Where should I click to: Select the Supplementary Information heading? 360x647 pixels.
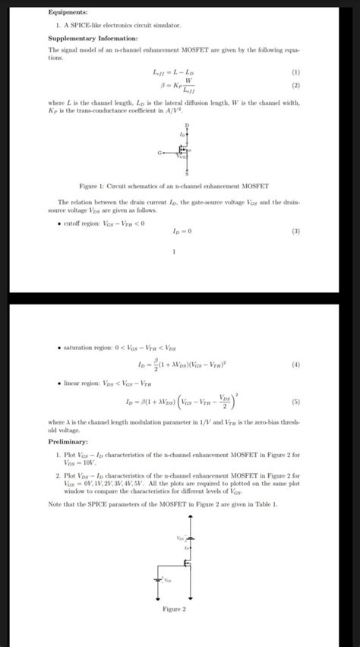[93, 37]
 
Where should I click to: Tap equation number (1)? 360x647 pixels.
[295, 72]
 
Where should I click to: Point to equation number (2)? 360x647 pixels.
[295, 86]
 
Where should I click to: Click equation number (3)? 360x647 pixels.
[295, 231]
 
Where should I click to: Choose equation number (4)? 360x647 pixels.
[295, 365]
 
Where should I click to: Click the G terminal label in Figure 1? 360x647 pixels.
[159, 151]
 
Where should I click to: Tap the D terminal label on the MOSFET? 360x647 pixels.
[186, 124]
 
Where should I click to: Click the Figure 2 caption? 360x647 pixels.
[175, 609]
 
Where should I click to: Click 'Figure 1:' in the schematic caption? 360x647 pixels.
[93, 185]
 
